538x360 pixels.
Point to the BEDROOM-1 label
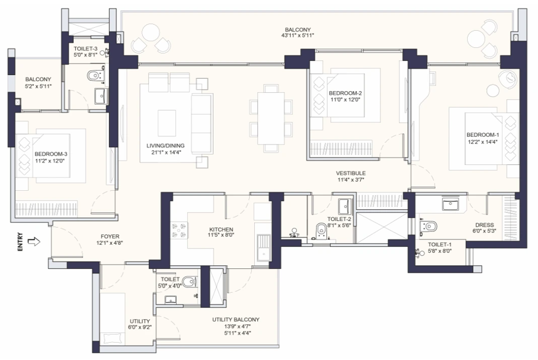click(483, 135)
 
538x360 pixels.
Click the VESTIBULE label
click(351, 174)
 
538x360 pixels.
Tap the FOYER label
click(110, 236)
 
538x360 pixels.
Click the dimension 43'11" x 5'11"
click(299, 36)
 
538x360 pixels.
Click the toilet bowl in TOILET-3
click(94, 76)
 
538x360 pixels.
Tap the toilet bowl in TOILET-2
click(319, 230)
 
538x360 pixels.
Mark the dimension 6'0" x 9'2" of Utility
click(140, 327)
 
